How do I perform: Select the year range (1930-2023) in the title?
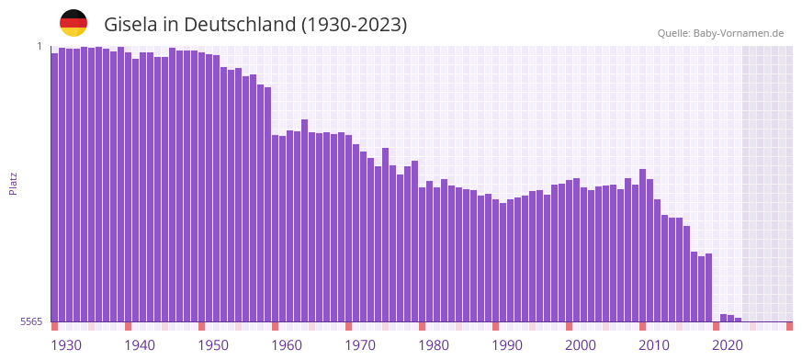pyautogui.click(x=355, y=24)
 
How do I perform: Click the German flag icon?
pyautogui.click(x=73, y=23)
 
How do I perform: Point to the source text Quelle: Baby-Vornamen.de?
pyautogui.click(x=720, y=33)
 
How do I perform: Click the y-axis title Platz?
pyautogui.click(x=13, y=184)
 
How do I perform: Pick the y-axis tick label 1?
pyautogui.click(x=40, y=46)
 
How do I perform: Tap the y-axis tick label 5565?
pyautogui.click(x=30, y=321)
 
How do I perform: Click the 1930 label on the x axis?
pyautogui.click(x=66, y=345)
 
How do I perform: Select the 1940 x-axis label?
pyautogui.click(x=140, y=345)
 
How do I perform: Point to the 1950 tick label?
pyautogui.click(x=213, y=345)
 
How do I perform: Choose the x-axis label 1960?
pyautogui.click(x=287, y=345)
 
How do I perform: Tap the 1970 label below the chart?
pyautogui.click(x=360, y=345)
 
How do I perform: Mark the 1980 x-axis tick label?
pyautogui.click(x=434, y=345)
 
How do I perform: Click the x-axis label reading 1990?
pyautogui.click(x=507, y=345)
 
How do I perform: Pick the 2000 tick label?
pyautogui.click(x=581, y=345)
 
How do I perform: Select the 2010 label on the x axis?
pyautogui.click(x=654, y=345)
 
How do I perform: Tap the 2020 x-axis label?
pyautogui.click(x=728, y=345)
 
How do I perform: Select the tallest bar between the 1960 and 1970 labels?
pyautogui.click(x=304, y=220)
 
